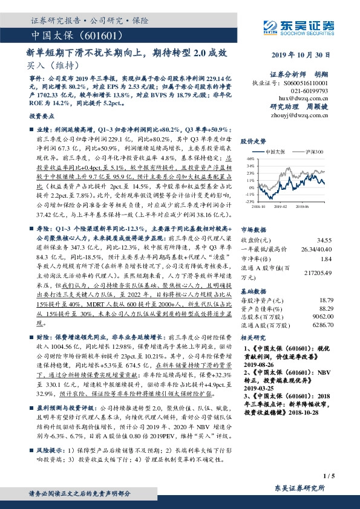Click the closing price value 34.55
tap(326, 241)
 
